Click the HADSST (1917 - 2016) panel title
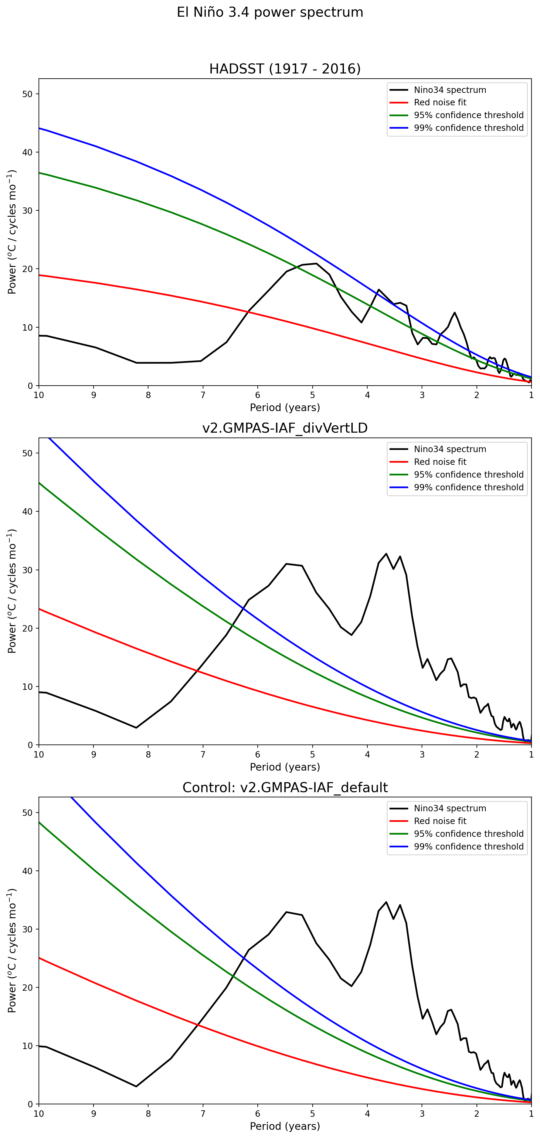coord(285,69)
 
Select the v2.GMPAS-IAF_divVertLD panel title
coord(285,428)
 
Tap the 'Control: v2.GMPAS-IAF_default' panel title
coord(285,787)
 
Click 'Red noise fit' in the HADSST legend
coord(440,103)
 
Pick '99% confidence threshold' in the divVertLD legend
coord(468,487)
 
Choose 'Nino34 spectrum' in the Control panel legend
coord(450,809)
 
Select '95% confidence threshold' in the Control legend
coord(468,834)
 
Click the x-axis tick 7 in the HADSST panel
coord(203,395)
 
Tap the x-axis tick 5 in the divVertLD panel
coord(313,754)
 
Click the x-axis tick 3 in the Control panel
coord(422,1113)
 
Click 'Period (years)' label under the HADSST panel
coord(285,407)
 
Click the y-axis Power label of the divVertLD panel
coord(12,591)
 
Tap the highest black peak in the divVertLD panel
coord(386,554)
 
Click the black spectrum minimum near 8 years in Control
coord(136,1086)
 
